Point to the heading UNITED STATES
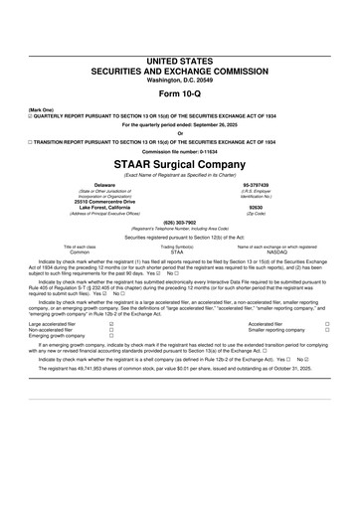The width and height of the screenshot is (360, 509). coord(179,34)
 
